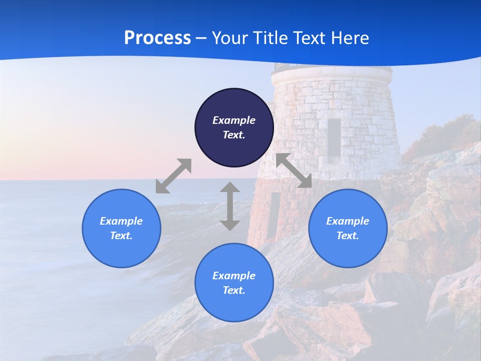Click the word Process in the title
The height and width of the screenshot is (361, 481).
tap(157, 38)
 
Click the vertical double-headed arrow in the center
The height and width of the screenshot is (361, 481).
tap(230, 206)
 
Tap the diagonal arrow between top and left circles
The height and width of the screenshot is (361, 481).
tap(173, 176)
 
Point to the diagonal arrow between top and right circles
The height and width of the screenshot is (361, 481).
tap(294, 170)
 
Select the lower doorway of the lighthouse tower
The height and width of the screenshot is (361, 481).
tap(274, 215)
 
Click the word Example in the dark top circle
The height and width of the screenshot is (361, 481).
tap(234, 120)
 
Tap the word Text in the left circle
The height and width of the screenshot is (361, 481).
tap(121, 236)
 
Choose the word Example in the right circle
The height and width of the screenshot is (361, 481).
tap(348, 221)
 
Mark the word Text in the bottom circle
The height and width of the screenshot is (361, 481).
tap(234, 290)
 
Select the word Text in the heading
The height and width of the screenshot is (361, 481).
tap(310, 38)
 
